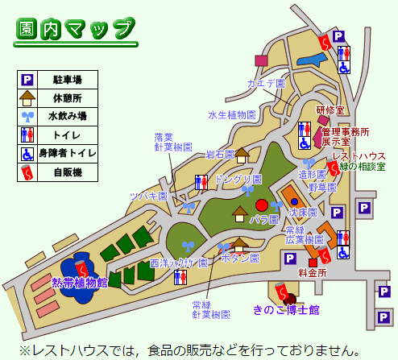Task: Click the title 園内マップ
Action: point(77,29)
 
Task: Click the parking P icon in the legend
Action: point(27,79)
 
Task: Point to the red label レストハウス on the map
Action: point(359,156)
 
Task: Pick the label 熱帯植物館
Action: point(79,282)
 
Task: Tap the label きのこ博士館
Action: point(286,310)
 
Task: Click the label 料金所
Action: point(312,273)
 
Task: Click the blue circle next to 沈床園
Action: point(294,201)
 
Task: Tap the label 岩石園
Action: point(218,154)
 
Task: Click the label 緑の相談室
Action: point(363,167)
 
